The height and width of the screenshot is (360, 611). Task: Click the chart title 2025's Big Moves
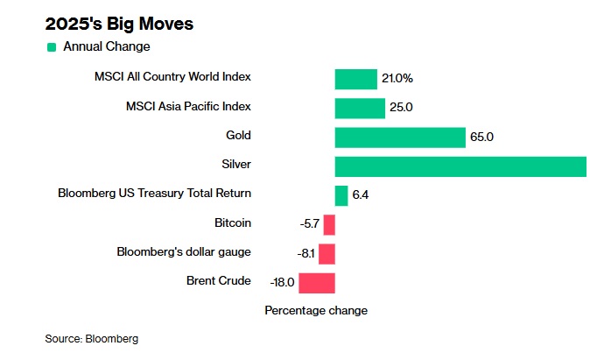[x=119, y=24]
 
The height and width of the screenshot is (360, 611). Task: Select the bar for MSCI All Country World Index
[x=355, y=79]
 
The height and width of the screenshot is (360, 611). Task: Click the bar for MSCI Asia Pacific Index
[x=360, y=108]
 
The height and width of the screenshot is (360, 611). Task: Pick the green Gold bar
[x=399, y=138]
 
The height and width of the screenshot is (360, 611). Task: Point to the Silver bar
[x=460, y=166]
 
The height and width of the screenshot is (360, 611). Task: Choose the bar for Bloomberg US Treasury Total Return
[x=341, y=195]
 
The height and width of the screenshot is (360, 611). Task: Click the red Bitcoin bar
[x=329, y=224]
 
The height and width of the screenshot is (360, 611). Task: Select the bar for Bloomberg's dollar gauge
[x=327, y=253]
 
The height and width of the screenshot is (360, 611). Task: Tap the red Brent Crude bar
[x=317, y=282]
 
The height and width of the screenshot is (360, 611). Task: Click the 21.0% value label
[x=397, y=79]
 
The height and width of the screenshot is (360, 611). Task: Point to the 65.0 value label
[x=482, y=138]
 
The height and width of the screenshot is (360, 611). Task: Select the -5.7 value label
[x=310, y=224]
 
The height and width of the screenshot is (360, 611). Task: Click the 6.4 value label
[x=361, y=195]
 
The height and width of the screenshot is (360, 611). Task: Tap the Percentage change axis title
[x=316, y=311]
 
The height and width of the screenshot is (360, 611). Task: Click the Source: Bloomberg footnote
[x=92, y=338]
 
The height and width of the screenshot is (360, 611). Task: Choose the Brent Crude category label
[x=219, y=280]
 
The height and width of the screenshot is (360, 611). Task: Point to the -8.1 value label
[x=305, y=253]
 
